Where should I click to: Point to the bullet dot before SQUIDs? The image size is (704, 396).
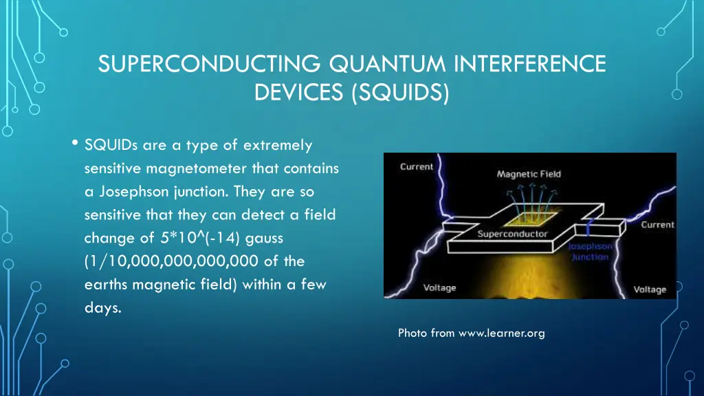[x=74, y=143]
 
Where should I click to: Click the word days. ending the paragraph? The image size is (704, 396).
[x=102, y=308]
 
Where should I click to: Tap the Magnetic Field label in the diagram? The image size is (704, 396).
[x=529, y=174]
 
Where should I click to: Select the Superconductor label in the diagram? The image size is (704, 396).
[x=512, y=234]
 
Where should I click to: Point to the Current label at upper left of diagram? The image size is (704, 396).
[x=417, y=166]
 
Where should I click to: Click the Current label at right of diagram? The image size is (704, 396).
[x=657, y=225]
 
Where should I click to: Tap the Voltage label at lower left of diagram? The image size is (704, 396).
[x=439, y=287]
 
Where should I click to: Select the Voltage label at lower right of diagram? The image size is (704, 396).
[x=650, y=289]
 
